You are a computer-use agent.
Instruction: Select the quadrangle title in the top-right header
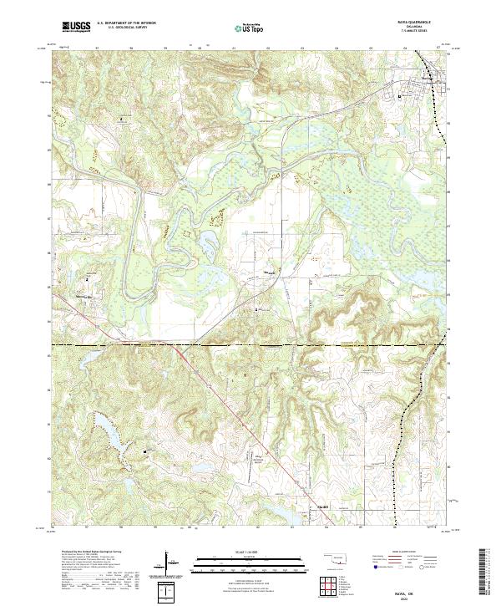[414, 23]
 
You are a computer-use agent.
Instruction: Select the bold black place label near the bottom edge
[321, 506]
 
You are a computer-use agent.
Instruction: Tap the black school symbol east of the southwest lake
[149, 452]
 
